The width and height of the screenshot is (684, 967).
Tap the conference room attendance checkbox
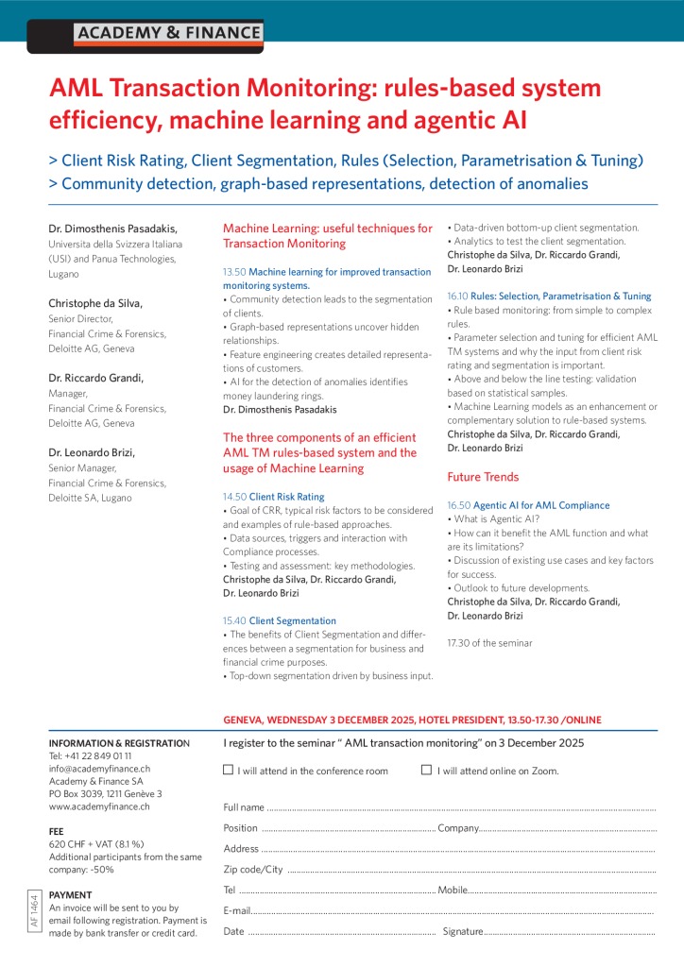[x=228, y=770]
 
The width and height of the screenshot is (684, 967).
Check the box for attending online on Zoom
[x=426, y=770]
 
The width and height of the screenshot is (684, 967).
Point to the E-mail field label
[x=237, y=910]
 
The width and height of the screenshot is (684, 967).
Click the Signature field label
[x=463, y=931]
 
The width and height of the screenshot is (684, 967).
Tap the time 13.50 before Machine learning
[x=233, y=272]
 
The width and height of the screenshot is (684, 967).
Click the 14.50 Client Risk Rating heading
[x=273, y=497]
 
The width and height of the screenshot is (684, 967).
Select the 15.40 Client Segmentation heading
[x=279, y=621]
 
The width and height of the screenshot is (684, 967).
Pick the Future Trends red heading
[x=483, y=477]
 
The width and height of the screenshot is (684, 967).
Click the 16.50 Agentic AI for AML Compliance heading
[x=528, y=506]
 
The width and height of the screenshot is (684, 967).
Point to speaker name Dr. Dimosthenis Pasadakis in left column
[x=112, y=229]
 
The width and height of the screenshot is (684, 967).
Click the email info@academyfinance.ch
[x=96, y=769]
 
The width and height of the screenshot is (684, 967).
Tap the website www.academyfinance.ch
[x=99, y=806]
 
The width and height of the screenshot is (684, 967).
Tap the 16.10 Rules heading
[x=549, y=297]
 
